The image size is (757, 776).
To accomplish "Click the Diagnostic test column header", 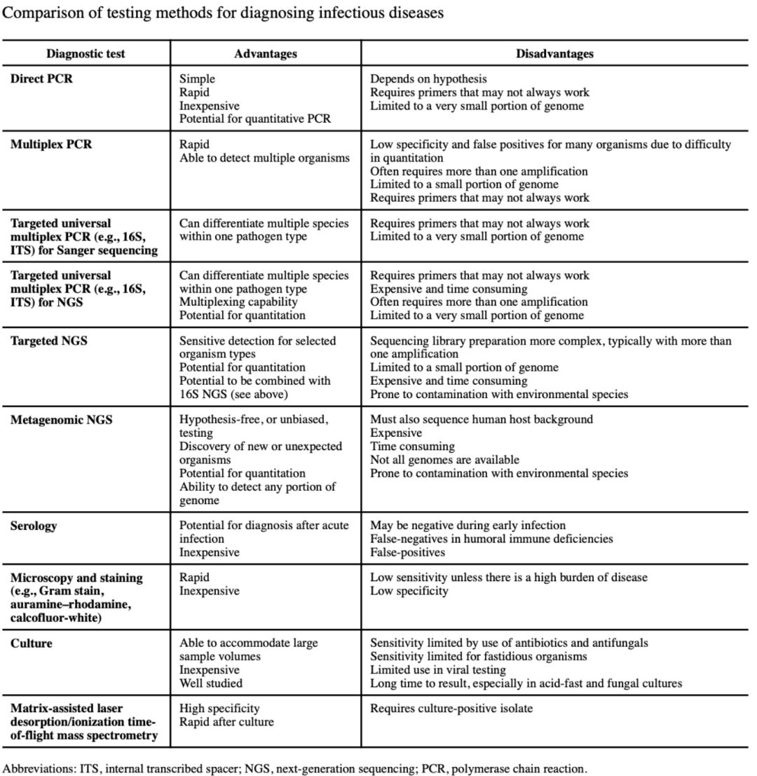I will (86, 54).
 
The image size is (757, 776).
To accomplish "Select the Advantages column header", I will (265, 54).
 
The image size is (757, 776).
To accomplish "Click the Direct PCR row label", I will (41, 79).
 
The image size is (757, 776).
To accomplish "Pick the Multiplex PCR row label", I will (51, 145).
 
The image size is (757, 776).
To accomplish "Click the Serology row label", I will (34, 525).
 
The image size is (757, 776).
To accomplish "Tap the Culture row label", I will (31, 643).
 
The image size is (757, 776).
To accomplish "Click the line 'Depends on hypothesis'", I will (428, 79).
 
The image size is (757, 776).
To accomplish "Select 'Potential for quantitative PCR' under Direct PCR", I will (255, 119).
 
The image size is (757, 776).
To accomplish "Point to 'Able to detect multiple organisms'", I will (264, 158).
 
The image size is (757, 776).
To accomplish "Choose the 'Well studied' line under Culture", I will (208, 683).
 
